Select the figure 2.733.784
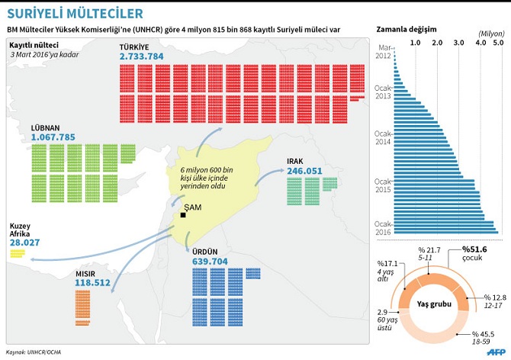[x=141, y=56]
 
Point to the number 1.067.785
[x=53, y=137]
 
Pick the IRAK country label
[x=296, y=161]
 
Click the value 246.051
[x=304, y=171]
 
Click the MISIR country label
[x=88, y=272]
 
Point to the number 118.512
[x=93, y=282]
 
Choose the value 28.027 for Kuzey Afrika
[x=24, y=243]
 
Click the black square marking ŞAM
[x=183, y=216]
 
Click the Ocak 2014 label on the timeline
[x=383, y=137]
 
